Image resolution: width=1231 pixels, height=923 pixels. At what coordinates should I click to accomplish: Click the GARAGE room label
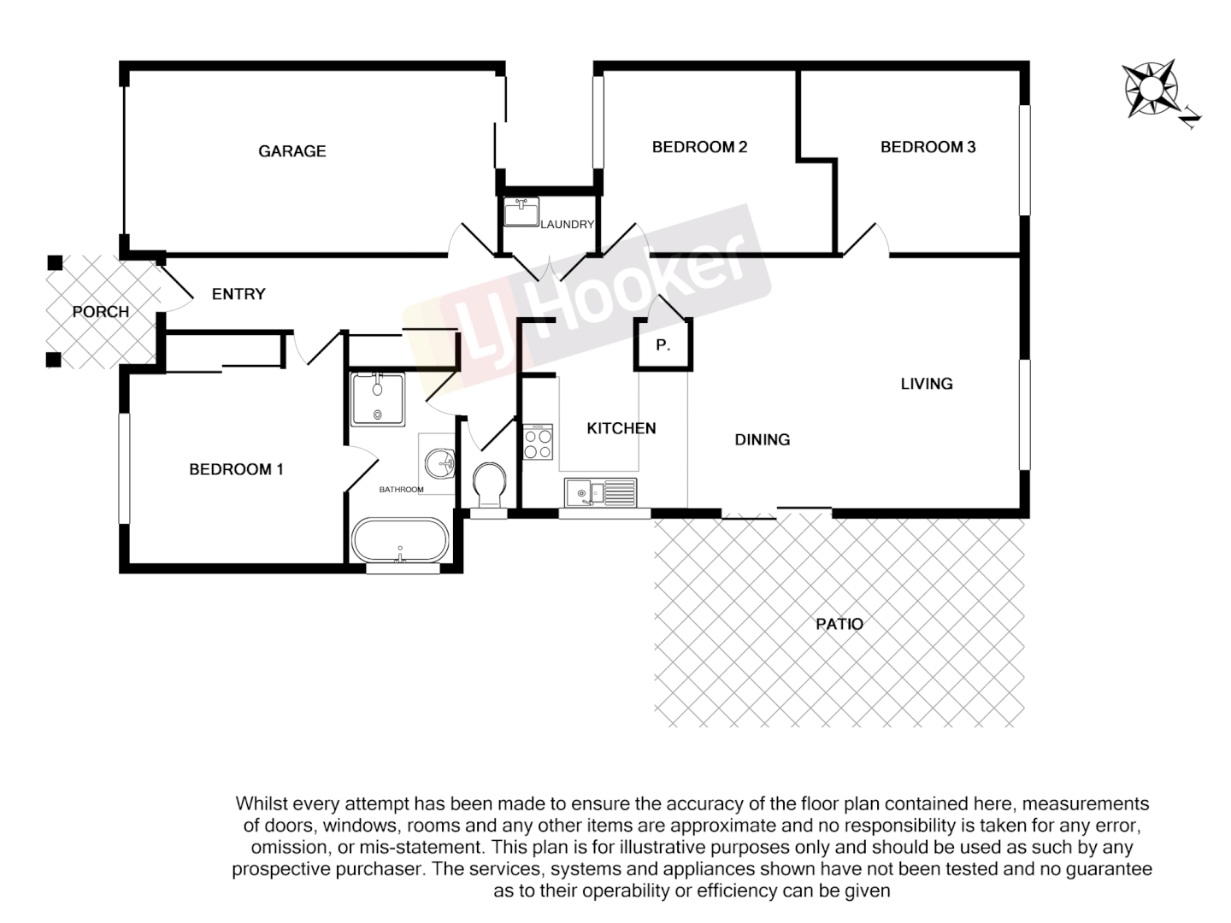pos(292,151)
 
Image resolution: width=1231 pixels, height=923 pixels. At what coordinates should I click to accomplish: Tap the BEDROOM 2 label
pos(699,147)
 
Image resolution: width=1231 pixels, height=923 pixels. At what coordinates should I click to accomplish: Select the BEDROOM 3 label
pos(928,147)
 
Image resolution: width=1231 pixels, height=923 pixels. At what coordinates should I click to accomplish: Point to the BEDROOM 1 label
pos(236,469)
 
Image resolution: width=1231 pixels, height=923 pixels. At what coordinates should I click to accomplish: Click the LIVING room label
pos(927,384)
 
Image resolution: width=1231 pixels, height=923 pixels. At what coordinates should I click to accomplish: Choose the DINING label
pos(763,439)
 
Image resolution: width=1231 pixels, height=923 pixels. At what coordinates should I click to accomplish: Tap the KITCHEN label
pos(621,428)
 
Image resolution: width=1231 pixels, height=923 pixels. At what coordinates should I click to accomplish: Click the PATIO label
pos(839,624)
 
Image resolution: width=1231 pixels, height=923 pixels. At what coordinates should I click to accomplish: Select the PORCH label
pos(101,312)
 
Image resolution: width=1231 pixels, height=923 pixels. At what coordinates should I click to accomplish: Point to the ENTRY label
pos(239,294)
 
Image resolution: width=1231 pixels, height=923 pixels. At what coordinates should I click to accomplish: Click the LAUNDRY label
pos(567,225)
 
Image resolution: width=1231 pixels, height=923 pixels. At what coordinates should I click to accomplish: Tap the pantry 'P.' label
pos(663,345)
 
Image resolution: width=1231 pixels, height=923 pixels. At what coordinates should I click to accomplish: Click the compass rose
pos(1151,88)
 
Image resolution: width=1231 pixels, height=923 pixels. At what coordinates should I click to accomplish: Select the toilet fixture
pos(490,485)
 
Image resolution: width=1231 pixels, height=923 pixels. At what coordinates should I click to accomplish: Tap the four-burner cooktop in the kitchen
pos(538,441)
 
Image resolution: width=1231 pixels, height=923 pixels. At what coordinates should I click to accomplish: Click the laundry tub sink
pos(520,211)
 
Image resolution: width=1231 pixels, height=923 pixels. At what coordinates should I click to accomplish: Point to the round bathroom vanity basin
pos(441,465)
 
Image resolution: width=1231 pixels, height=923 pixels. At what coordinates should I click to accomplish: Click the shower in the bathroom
pos(378,398)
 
